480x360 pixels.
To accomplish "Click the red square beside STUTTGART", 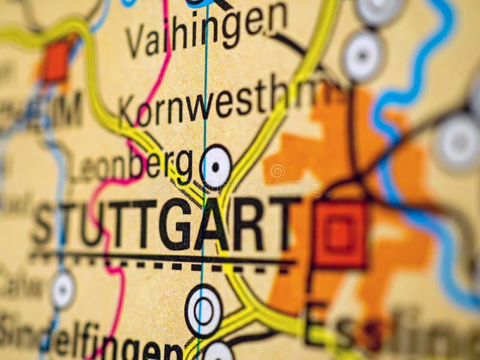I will point(340,234).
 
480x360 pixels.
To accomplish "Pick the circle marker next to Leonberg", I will point(215,167).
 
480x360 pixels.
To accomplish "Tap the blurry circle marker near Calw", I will point(63,290).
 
